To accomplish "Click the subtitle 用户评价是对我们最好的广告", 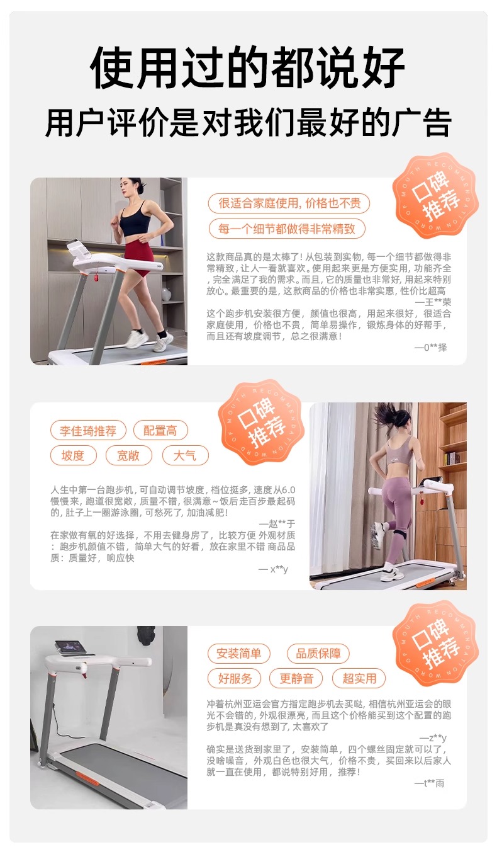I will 248,122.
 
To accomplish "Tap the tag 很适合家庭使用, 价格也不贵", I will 289,203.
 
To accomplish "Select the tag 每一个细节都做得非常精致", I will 286,229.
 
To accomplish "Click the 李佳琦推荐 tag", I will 88,431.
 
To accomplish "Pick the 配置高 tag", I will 160,431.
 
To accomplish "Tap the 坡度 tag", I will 73,455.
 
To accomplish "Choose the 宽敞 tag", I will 128,455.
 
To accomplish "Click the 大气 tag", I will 185,455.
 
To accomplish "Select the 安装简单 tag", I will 238,654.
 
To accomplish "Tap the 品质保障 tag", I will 318,654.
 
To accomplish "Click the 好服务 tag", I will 234,678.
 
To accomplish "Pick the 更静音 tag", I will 296,678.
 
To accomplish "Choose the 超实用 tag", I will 359,678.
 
